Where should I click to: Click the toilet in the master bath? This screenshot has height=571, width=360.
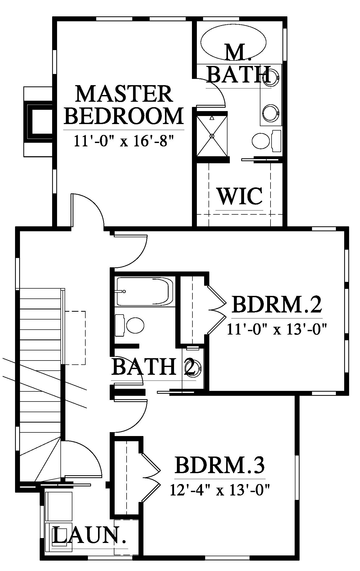point(267,141)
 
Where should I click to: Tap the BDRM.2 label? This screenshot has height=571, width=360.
point(277,305)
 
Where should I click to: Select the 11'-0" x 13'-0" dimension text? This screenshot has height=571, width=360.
point(276,330)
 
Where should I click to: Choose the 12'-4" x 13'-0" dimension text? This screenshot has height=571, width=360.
point(220,490)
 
